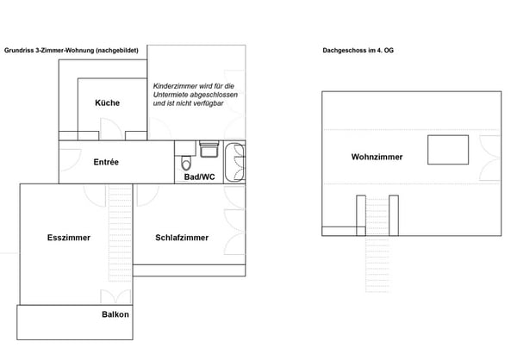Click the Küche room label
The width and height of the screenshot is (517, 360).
tap(108, 103)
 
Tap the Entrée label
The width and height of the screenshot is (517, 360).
tap(106, 162)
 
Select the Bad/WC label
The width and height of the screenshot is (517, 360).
tap(199, 177)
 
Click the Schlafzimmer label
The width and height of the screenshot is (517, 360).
tap(181, 238)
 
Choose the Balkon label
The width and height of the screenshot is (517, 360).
tap(115, 314)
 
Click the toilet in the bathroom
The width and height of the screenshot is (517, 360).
tap(185, 162)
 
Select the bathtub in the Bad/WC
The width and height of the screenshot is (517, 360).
tap(234, 162)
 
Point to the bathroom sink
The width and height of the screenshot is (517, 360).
tap(209, 150)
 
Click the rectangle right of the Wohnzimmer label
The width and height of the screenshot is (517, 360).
tap(448, 149)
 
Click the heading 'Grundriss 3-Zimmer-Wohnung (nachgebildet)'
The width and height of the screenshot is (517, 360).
tap(71, 51)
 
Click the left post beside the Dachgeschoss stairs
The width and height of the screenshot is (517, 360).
tap(360, 214)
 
